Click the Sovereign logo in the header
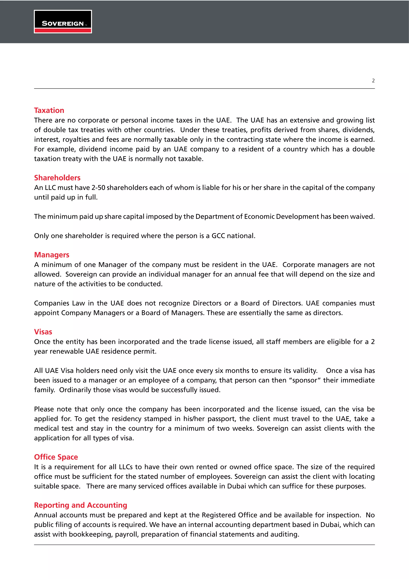(x=63, y=22)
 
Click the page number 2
(x=373, y=81)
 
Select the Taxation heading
(x=49, y=110)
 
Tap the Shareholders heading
(x=57, y=178)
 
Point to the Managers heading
(x=52, y=255)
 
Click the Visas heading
(x=43, y=332)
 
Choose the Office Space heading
(x=56, y=457)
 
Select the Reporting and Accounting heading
(x=81, y=505)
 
